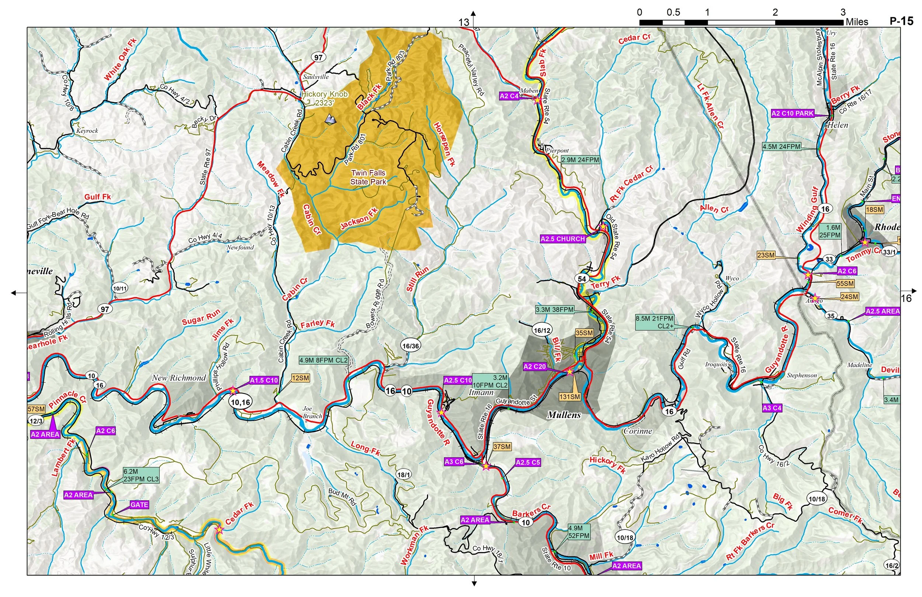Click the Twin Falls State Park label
pos(368,177)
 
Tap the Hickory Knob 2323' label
pos(324,99)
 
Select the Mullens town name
pos(564,415)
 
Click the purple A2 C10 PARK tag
pos(792,114)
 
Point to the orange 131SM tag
pos(569,397)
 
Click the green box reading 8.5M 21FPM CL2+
pos(654,322)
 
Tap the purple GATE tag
pos(139,505)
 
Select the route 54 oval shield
pos(582,279)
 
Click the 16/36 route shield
pos(410,346)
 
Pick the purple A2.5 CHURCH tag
pos(562,239)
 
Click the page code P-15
pos(901,21)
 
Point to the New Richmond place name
pos(178,378)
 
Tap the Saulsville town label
pos(316,77)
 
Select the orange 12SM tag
pos(301,378)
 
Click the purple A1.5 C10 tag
pos(264,380)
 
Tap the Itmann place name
pos(481,392)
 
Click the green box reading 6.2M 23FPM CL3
pos(141,475)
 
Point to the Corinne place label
pos(638,431)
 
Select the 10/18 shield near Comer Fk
pos(817,499)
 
